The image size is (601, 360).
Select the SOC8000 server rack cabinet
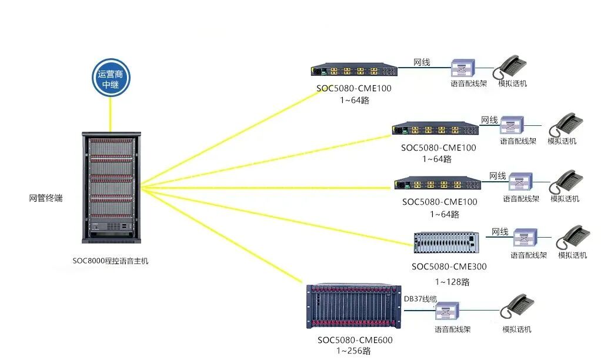tap(111, 186)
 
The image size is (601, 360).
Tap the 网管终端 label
tap(46, 198)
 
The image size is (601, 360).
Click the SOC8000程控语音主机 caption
tap(111, 260)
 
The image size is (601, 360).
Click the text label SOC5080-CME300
tap(449, 266)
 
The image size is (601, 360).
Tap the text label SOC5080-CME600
tap(355, 340)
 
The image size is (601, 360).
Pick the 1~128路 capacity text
tap(452, 282)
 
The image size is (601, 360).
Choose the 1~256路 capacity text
tap(353, 351)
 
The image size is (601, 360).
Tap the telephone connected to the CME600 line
tap(517, 308)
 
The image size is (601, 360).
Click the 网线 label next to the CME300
tap(500, 232)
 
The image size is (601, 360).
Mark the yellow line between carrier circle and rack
tap(111, 115)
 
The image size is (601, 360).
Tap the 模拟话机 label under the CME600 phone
tap(517, 329)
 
